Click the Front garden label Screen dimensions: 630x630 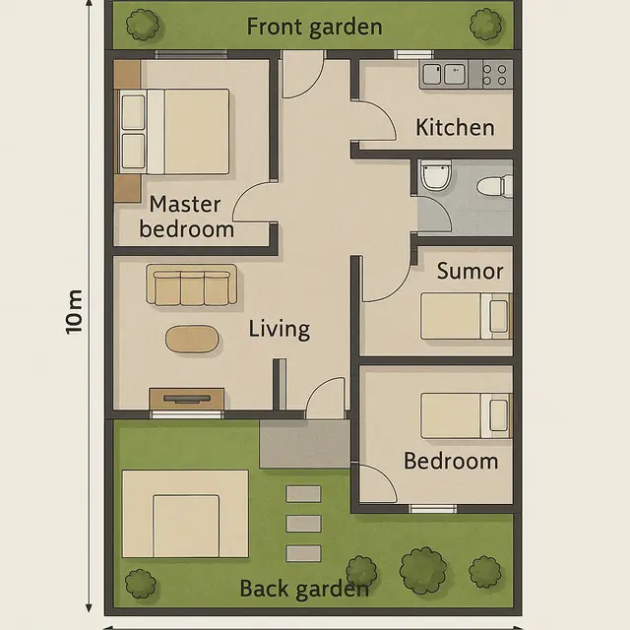tap(314, 26)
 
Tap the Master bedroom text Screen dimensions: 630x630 tap(186, 218)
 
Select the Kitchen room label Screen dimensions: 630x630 tap(455, 127)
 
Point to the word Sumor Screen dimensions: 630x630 tap(470, 271)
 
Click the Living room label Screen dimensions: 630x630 tap(279, 329)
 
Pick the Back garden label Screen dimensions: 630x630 tap(304, 590)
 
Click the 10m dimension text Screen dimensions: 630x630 tap(75, 313)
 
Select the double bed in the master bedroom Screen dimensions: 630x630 tap(173, 132)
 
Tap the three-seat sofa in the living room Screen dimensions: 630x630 tap(191, 286)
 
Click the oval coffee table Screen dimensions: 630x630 tap(193, 339)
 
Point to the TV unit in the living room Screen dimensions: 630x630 tap(186, 399)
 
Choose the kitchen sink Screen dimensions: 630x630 tap(443, 74)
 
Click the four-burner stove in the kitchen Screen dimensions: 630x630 tap(495, 74)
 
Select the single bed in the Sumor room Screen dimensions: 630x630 tap(466, 317)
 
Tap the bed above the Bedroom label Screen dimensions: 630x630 tap(466, 415)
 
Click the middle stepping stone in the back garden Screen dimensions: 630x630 tap(303, 524)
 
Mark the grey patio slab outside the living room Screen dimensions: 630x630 tap(304, 444)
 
